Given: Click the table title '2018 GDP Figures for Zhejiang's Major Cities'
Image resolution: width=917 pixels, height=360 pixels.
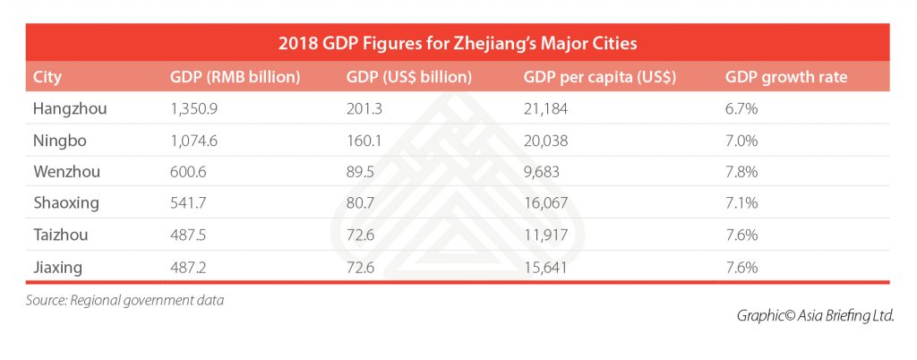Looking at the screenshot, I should pos(458,42).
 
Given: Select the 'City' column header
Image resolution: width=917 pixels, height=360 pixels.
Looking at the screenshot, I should pos(46,76).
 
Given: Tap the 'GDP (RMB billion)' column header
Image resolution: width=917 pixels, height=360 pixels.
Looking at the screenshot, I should pos(234,76).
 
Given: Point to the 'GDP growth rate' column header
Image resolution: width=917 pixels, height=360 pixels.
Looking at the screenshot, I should pos(785,76).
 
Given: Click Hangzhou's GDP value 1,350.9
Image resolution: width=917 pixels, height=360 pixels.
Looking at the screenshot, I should pos(193,109).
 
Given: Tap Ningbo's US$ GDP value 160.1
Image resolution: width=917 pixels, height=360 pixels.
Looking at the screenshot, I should pos(362,141).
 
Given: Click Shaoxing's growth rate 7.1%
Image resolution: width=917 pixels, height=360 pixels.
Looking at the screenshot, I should pos(740,203).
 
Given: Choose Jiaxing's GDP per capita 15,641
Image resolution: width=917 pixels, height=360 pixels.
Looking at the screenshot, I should pos(544,267).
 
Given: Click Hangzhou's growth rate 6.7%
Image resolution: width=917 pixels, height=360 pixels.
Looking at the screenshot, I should pos(740,109).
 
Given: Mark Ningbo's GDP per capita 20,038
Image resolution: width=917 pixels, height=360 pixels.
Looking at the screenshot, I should pos(545,141).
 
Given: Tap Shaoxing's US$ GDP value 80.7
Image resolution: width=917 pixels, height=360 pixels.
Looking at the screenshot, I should pos(358,203).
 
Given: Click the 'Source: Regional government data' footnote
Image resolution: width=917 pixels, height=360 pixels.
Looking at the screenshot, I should pos(124,300).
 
